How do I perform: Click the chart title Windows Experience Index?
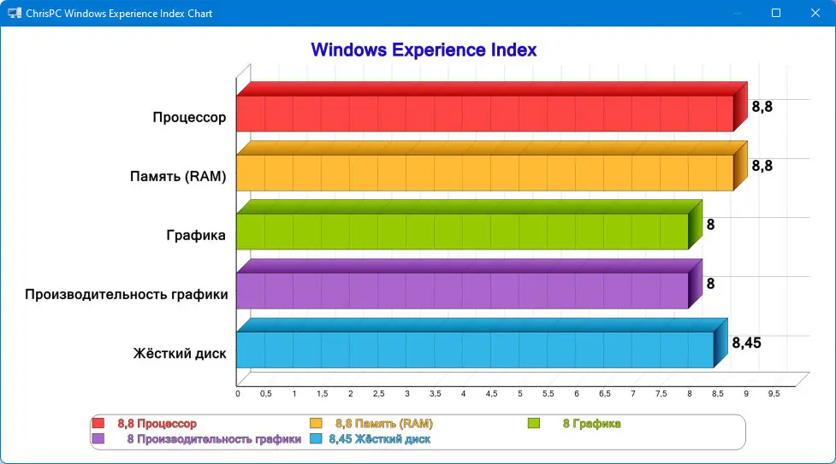coord(424,50)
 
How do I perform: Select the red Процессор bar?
coord(484,113)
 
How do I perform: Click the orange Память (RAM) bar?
coord(484,172)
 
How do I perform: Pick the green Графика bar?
coord(462,231)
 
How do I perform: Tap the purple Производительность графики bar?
coord(462,291)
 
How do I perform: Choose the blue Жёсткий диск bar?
coord(475,349)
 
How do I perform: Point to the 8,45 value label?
coord(746,343)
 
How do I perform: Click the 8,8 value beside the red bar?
coord(762,107)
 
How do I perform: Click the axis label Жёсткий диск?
coord(179,353)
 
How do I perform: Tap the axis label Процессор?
coord(189,117)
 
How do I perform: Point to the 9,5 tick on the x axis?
coord(774,394)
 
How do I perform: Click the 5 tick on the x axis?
coord(519,394)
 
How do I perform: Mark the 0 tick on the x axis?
coord(238,394)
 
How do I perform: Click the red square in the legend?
coord(98,423)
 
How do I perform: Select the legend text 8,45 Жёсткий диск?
coord(379,439)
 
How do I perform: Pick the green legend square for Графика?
coord(534,423)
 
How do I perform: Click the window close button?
coord(815,14)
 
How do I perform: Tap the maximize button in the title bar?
coord(776,14)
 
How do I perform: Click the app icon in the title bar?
coord(15,14)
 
